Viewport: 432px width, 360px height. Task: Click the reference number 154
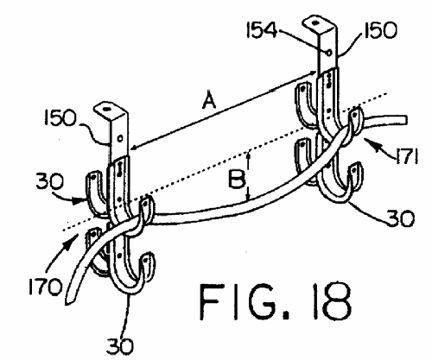point(261,30)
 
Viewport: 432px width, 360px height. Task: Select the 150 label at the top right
point(380,30)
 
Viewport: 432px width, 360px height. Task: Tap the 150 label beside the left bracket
point(60,118)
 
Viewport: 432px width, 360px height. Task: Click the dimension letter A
point(209,99)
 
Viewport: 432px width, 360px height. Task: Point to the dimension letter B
point(237,179)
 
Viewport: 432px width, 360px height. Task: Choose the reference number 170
point(46,287)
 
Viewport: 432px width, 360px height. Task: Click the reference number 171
point(407,156)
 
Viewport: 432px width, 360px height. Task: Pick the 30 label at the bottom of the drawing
point(120,346)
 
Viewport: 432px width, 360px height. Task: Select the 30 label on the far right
point(400,218)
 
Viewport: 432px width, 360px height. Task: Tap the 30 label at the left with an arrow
point(49,182)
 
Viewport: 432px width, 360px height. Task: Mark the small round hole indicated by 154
point(329,53)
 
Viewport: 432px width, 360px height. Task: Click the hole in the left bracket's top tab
point(107,109)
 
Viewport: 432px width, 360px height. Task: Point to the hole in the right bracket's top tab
point(315,22)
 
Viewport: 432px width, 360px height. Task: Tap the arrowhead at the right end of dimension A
point(313,73)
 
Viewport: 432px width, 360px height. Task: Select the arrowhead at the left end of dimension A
point(135,148)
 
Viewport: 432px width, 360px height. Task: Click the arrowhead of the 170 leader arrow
point(73,239)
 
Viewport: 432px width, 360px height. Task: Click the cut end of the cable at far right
point(405,119)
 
